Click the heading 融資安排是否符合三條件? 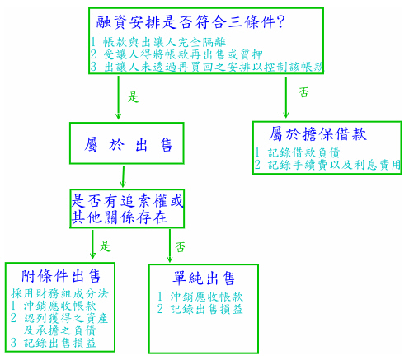[190, 22]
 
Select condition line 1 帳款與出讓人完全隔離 [158, 42]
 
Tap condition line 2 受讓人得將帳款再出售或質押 [176, 54]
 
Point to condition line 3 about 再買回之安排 [207, 67]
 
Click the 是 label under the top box [134, 97]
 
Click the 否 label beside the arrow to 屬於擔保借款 [303, 92]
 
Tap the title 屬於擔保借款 [317, 134]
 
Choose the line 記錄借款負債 [297, 152]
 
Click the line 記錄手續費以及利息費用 [327, 165]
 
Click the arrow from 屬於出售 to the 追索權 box [124, 176]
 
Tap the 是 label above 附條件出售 [105, 246]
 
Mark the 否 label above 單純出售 [180, 247]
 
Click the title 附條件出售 [61, 276]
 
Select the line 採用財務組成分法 [59, 293]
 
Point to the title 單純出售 [204, 278]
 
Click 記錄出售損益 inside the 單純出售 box [200, 309]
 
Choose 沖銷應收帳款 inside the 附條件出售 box [54, 306]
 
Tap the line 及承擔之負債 [59, 330]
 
